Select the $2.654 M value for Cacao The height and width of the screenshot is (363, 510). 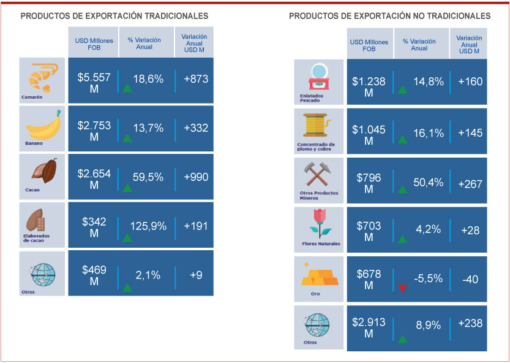click(x=94, y=177)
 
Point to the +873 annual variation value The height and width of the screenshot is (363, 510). click(x=196, y=79)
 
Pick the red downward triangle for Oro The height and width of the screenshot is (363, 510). click(x=402, y=288)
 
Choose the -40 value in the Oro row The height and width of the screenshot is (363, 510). click(x=470, y=279)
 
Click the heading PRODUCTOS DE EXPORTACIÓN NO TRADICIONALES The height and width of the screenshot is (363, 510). click(x=389, y=15)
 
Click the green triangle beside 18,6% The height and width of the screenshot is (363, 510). click(x=127, y=88)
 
